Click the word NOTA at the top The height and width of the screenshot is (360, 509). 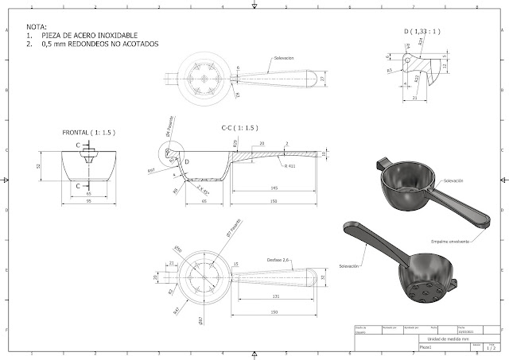tap(37, 27)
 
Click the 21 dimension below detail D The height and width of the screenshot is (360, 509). tap(417, 98)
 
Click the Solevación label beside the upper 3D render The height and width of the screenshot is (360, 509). tap(453, 182)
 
